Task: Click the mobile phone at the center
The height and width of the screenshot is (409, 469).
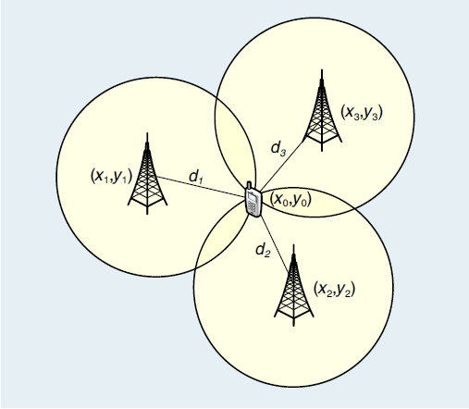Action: (x=253, y=200)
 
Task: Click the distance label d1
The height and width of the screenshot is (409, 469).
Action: (x=196, y=177)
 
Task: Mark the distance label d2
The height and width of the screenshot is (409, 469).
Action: (x=263, y=250)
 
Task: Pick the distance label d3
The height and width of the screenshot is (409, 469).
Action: (x=278, y=148)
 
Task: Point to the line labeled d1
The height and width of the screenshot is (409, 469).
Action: (x=202, y=186)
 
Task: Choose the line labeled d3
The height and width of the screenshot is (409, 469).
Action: (x=282, y=166)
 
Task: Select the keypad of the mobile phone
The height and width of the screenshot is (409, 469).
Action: (x=253, y=207)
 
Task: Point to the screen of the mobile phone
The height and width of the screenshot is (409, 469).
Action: (x=253, y=197)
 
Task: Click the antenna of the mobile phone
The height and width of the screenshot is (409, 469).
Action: (x=249, y=185)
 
